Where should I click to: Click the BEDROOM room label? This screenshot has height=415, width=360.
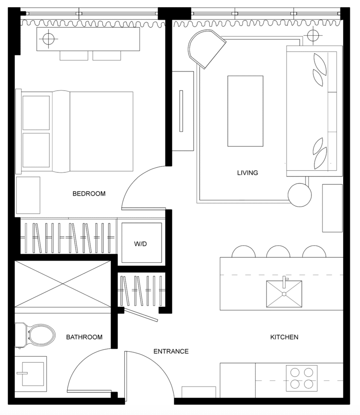click(89, 194)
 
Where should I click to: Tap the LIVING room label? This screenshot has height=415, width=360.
click(248, 173)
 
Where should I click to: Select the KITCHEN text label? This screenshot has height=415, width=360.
click(284, 337)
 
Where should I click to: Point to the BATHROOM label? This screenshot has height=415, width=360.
click(84, 337)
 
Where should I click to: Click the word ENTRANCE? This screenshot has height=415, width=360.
click(171, 351)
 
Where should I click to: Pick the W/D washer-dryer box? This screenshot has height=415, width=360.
click(141, 243)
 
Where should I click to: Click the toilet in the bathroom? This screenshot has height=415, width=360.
click(35, 335)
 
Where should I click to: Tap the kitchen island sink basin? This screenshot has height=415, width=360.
click(284, 294)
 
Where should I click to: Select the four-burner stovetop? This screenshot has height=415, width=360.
click(302, 378)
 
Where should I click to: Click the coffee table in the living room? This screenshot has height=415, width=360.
click(245, 111)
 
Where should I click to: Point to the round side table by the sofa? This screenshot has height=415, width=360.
click(300, 195)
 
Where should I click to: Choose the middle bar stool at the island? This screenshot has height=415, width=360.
click(278, 252)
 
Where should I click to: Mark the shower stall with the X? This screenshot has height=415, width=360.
click(63, 284)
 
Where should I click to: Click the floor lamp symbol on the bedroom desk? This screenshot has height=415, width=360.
click(49, 39)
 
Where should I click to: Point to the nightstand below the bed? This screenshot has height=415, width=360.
click(28, 195)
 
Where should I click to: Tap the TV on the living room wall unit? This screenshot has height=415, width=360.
click(181, 111)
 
